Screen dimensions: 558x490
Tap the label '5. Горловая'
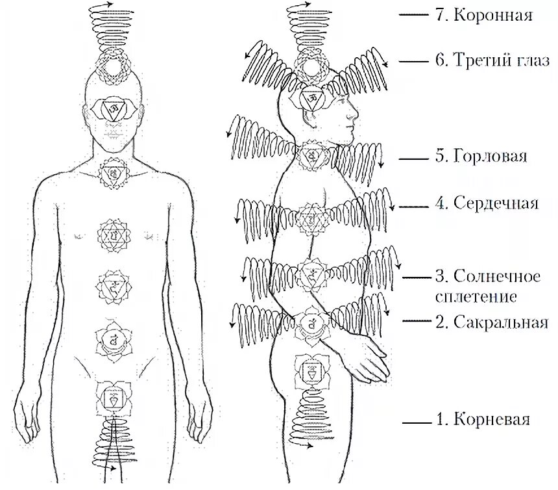point(480,157)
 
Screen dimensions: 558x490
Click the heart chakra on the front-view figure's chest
point(114,236)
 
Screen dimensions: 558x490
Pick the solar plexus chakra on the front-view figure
point(114,285)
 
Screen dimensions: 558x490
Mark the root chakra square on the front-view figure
point(114,396)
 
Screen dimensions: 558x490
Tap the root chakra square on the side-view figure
point(309,371)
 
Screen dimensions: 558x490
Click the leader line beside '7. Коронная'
point(415,14)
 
